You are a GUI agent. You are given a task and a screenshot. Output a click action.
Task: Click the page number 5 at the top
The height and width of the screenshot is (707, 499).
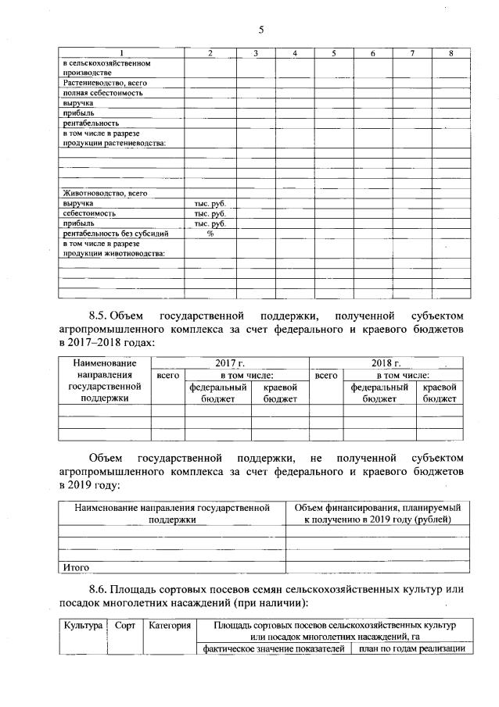pos(262,30)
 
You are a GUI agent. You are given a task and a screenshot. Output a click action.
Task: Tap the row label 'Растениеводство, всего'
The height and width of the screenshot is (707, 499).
pos(102,82)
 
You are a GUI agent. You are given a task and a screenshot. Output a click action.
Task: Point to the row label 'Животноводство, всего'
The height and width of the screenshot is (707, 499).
pos(104,192)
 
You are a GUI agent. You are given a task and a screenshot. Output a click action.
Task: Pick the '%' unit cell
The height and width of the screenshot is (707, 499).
pos(210,233)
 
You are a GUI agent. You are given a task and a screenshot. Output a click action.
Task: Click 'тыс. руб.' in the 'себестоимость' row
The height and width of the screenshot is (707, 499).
pos(210,212)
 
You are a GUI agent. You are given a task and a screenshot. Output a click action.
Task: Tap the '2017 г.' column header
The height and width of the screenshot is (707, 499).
pos(230,363)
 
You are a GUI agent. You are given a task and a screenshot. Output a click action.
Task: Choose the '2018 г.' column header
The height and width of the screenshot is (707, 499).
pos(387,363)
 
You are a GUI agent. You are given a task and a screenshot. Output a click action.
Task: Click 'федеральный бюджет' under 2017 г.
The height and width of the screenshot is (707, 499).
pos(217,392)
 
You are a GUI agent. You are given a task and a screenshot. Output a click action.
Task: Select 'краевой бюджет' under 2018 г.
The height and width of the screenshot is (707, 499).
pos(439,392)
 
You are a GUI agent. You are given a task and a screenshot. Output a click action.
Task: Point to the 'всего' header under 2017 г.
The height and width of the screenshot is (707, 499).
pos(167,375)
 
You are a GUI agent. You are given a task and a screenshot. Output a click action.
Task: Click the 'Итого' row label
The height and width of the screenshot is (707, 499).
pos(75,566)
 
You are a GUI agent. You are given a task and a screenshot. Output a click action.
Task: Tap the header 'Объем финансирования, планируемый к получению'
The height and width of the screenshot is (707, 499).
pos(377,513)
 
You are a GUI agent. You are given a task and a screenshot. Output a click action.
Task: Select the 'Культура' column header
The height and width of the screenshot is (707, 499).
pos(84,626)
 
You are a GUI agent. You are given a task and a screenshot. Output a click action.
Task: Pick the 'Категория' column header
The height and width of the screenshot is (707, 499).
pos(168,626)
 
